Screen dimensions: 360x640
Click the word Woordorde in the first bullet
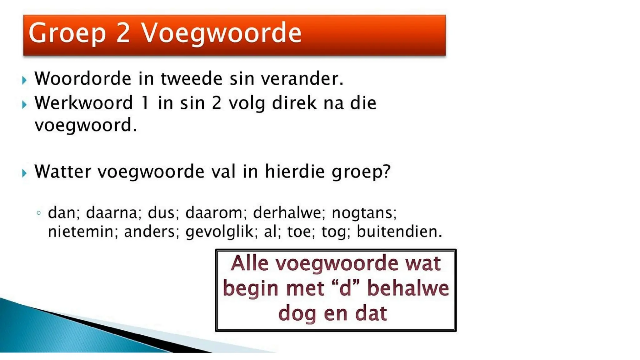pyautogui.click(x=82, y=78)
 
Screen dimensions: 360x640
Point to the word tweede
pyautogui.click(x=191, y=78)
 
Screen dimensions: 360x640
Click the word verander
pyautogui.click(x=302, y=78)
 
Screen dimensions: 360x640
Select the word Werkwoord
pyautogui.click(x=84, y=103)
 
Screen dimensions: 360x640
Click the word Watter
pyautogui.click(x=62, y=172)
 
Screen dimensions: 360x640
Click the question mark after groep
pyautogui.click(x=387, y=172)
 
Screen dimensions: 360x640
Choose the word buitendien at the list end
pyautogui.click(x=399, y=232)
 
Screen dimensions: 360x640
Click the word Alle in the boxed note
pyautogui.click(x=249, y=263)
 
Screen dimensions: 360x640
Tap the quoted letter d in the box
pyautogui.click(x=345, y=288)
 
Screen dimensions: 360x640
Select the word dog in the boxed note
pyautogui.click(x=297, y=313)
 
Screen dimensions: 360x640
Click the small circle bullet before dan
pyautogui.click(x=39, y=213)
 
